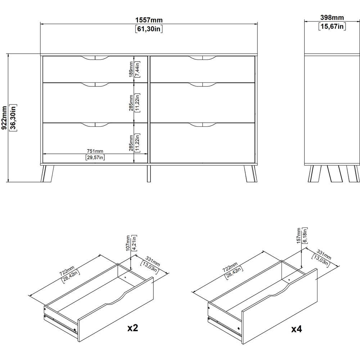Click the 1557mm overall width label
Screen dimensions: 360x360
(x=149, y=20)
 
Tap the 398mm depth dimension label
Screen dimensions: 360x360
(x=332, y=18)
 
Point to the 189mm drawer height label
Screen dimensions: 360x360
(x=131, y=69)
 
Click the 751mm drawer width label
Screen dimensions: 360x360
(x=95, y=151)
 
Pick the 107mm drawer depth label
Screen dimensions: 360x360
(x=128, y=243)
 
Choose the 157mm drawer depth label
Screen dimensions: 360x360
(x=299, y=235)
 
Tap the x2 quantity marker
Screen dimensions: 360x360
(x=133, y=328)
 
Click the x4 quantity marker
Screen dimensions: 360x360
(x=296, y=329)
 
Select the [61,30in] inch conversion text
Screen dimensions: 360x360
(x=149, y=29)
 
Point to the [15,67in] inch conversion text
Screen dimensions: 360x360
(x=332, y=26)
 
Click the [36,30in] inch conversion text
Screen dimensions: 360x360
(x=13, y=118)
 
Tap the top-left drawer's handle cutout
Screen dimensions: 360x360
(x=95, y=58)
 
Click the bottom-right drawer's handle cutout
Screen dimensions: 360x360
(x=202, y=125)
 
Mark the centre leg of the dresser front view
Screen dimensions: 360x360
(x=149, y=174)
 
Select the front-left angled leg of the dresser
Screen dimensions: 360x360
(x=47, y=174)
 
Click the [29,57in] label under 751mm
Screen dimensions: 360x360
(x=95, y=158)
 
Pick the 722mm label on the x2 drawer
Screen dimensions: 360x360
(x=67, y=271)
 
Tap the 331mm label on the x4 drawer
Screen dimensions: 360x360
(x=324, y=255)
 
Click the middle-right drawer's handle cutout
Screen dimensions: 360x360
(x=202, y=85)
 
